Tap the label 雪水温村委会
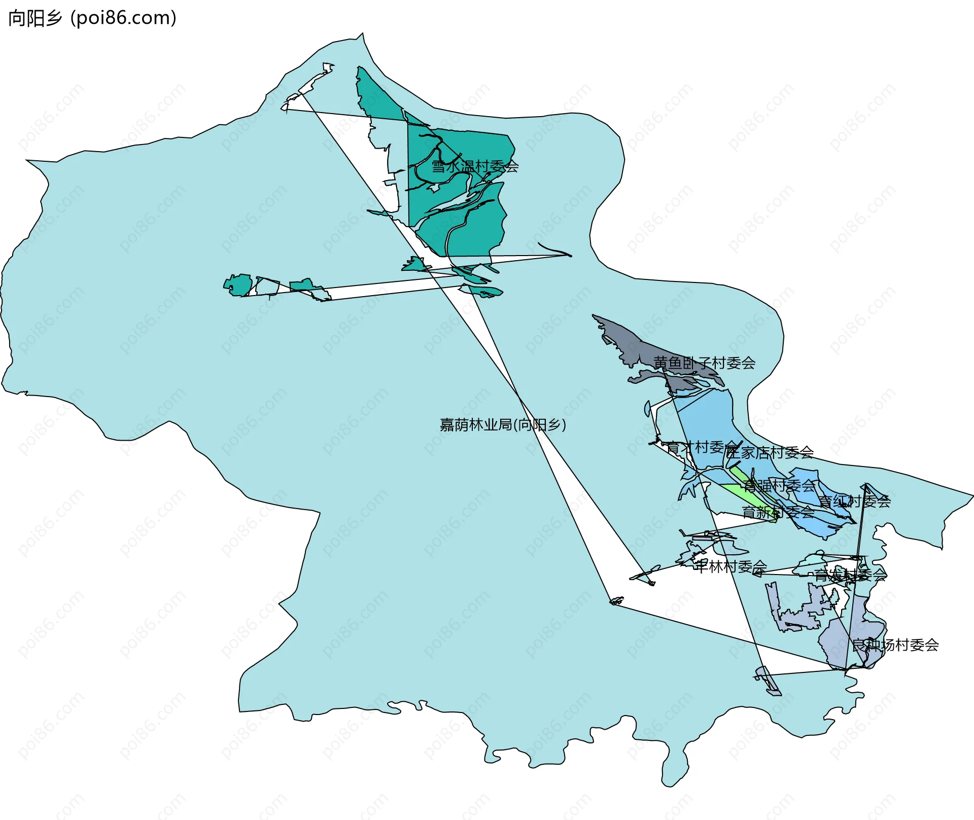[x=475, y=166]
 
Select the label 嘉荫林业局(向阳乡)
[x=502, y=424]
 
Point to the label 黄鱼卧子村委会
[x=704, y=363]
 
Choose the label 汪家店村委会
[x=770, y=452]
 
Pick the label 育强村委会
[x=779, y=486]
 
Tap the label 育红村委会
[x=854, y=502]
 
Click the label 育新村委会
[x=778, y=512]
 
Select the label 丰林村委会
[x=730, y=566]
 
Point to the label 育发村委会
[x=850, y=575]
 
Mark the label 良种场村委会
[x=895, y=645]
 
